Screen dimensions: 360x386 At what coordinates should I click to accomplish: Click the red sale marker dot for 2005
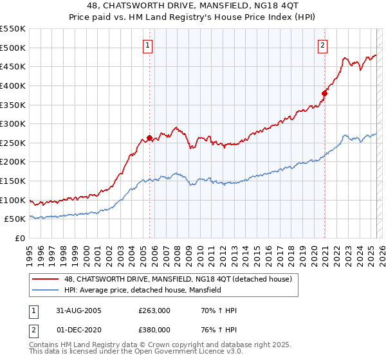click(150, 138)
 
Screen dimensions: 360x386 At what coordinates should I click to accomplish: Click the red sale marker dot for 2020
click(325, 93)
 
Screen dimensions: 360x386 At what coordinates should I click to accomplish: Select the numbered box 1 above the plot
click(148, 45)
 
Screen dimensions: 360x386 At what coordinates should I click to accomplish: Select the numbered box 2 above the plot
click(322, 45)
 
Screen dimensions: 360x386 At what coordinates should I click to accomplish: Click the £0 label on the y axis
click(20, 239)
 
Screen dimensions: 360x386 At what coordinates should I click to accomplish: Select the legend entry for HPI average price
click(142, 291)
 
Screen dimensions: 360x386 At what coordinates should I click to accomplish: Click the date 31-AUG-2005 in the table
click(78, 310)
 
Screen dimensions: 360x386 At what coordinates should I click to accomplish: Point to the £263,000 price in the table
click(154, 310)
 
